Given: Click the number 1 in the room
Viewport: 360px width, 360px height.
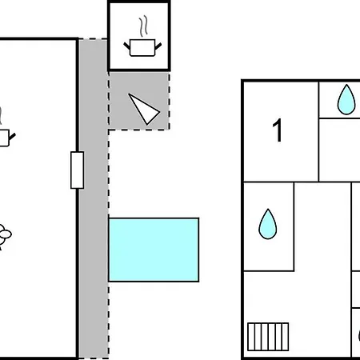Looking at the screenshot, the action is pos(278,130).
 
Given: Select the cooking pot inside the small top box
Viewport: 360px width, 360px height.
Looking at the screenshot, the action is pos(142,48).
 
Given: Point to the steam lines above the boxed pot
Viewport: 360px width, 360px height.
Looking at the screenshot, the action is pos(143,26).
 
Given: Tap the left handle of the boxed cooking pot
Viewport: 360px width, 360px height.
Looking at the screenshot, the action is pos(126,46).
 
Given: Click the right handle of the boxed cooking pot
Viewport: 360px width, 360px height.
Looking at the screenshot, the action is pos(158,46).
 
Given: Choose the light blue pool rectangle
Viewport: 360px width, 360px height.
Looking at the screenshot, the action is pos(154,250).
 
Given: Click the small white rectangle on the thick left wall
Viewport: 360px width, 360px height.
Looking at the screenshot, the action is pos(78,170).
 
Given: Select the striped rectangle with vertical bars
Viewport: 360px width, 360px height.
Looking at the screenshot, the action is pos(268,337).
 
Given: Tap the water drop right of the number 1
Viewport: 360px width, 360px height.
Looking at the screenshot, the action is pos(346,100).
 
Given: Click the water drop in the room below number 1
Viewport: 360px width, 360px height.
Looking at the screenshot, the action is pos(268,224).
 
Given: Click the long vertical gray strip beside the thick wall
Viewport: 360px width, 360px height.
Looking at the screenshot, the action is pos(94,198).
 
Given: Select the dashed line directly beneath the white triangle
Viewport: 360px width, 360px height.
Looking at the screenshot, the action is pos(138,130).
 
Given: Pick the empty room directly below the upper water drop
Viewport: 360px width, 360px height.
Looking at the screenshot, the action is pos(339,150).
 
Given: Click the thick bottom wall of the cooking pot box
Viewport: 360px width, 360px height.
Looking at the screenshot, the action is pos(139,70).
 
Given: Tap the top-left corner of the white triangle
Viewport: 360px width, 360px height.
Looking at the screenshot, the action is pos(129,94).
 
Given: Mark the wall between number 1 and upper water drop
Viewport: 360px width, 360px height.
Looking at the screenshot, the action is pos(318,131).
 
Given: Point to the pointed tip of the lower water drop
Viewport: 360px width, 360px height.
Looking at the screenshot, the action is pos(268,209).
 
